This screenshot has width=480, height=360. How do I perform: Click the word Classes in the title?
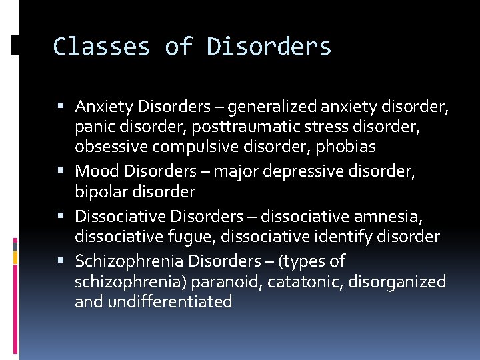(101, 47)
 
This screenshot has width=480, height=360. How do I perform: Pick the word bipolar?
(99, 192)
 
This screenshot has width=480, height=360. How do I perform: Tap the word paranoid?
(226, 281)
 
